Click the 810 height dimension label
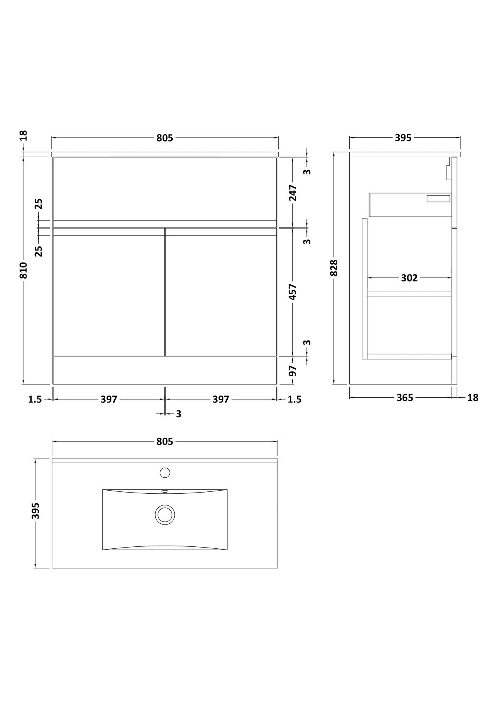point(24,270)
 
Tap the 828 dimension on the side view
point(334,268)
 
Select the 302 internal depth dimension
point(409,278)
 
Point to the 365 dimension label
point(405,397)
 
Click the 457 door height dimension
point(293,292)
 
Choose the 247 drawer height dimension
point(293,193)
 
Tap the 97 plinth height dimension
point(293,370)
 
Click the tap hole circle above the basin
point(165,473)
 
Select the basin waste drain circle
point(165,514)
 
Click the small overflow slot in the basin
point(165,491)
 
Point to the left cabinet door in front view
point(109,292)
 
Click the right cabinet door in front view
point(221,292)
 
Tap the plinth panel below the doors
point(165,370)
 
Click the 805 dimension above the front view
point(165,138)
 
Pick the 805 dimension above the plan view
point(165,441)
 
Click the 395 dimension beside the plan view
point(36,511)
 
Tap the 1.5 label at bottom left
point(35,399)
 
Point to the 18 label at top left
point(24,136)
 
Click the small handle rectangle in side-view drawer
point(438,199)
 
